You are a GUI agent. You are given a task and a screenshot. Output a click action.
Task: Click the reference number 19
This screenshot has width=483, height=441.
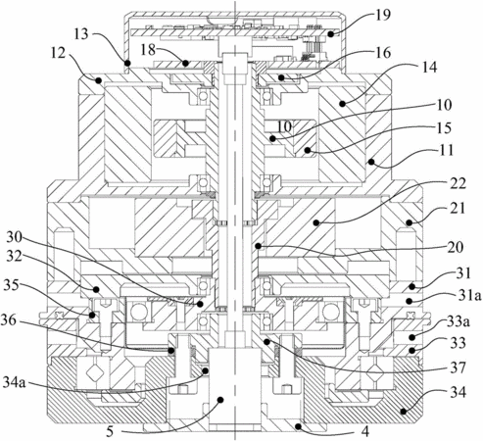click(383, 15)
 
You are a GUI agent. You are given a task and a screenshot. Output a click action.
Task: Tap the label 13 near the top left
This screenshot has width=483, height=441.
click(81, 33)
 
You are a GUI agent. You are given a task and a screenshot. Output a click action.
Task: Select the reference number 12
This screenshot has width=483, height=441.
click(58, 53)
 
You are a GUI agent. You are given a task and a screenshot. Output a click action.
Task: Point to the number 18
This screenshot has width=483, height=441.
click(148, 51)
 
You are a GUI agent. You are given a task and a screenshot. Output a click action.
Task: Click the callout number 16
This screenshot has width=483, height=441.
click(383, 52)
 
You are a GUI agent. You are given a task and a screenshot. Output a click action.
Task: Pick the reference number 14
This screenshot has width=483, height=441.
click(429, 68)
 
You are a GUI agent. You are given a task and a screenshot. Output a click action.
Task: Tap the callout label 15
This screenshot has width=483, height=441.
click(444, 128)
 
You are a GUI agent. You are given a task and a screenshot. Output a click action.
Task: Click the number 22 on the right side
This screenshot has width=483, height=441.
click(458, 184)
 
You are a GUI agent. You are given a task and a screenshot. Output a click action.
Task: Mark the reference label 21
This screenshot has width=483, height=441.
click(458, 208)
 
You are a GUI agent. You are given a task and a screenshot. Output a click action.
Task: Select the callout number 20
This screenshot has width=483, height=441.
click(456, 247)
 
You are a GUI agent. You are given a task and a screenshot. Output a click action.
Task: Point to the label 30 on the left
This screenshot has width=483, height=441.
click(14, 237)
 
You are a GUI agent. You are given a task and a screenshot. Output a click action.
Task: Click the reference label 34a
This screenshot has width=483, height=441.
click(14, 382)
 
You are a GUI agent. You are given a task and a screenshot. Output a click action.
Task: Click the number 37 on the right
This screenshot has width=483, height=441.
click(458, 368)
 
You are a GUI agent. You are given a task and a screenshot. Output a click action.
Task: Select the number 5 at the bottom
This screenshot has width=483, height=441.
click(110, 432)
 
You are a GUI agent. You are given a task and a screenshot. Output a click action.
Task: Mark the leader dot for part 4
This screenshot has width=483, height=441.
click(297, 425)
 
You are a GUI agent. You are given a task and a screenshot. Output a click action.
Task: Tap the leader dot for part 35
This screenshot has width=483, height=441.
click(92, 316)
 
